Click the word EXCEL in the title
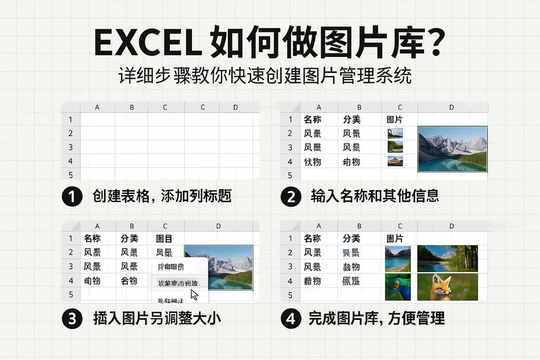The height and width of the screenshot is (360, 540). (146, 43)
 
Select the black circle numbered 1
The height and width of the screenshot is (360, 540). (72, 197)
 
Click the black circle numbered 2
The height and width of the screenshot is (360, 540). (291, 197)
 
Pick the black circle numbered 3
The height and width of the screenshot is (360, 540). (72, 318)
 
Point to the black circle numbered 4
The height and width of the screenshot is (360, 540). (291, 318)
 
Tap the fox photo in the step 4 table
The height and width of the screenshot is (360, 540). (447, 287)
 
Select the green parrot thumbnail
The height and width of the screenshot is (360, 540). (398, 287)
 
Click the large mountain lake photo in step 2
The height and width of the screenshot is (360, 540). (452, 149)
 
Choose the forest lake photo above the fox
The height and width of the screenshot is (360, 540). (447, 258)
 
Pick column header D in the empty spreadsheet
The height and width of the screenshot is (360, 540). (236, 108)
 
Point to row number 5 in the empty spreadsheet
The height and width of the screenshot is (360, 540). (70, 174)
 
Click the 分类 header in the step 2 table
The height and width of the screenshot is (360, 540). (351, 120)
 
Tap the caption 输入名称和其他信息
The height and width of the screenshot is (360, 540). (375, 197)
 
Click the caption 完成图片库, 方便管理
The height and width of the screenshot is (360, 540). (377, 318)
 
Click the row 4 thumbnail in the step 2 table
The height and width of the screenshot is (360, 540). (395, 161)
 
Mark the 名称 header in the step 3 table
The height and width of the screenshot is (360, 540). (92, 238)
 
